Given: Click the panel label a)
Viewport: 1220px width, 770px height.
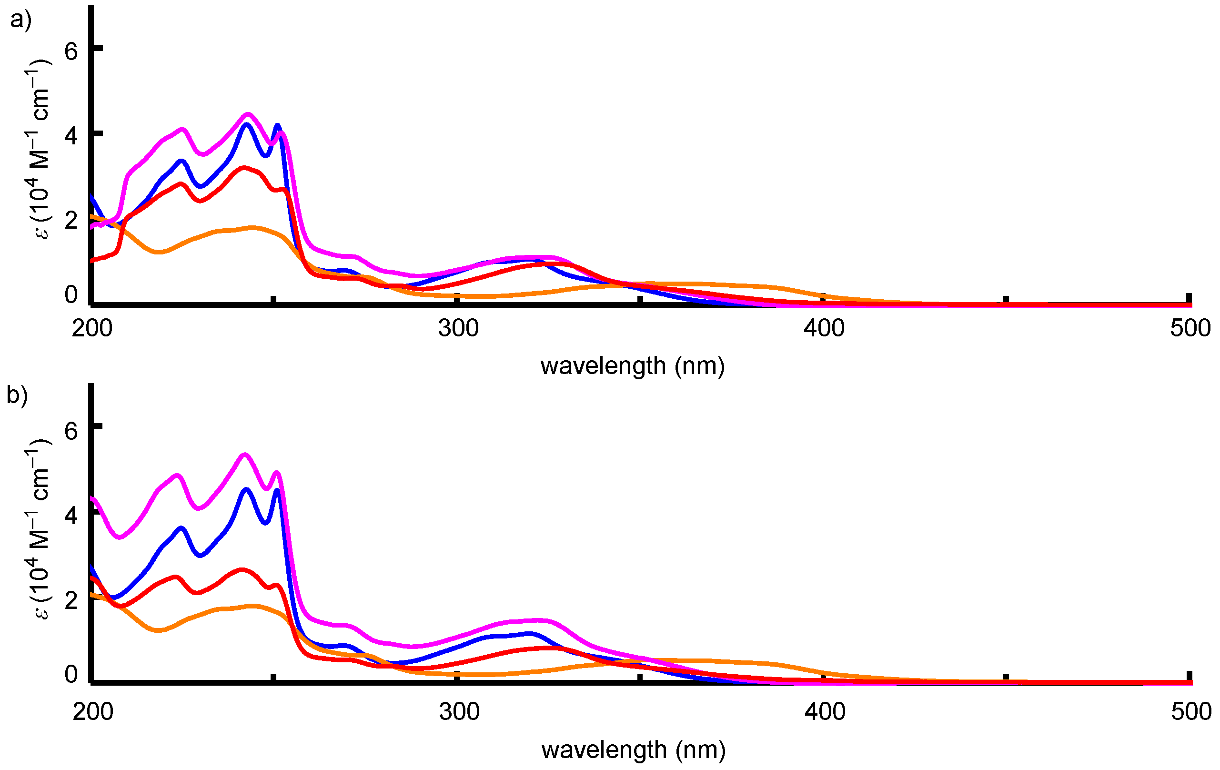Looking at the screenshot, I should [x=20, y=20].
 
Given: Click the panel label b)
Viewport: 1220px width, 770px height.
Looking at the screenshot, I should [x=17, y=396].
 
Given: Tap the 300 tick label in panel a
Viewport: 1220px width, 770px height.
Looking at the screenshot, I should [x=458, y=328].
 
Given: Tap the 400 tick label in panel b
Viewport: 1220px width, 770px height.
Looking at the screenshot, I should [x=825, y=711].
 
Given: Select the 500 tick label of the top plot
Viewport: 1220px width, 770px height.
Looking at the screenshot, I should [x=1190, y=328].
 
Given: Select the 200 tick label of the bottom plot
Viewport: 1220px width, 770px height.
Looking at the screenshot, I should [x=93, y=711].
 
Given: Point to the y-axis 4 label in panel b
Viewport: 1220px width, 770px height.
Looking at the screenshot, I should [x=71, y=515].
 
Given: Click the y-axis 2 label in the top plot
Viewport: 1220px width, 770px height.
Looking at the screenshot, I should [x=71, y=221].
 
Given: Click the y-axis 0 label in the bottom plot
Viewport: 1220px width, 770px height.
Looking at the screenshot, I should [x=71, y=674].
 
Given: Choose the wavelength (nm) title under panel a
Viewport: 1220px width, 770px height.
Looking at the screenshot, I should [x=632, y=366].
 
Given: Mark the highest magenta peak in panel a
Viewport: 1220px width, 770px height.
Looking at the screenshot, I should [x=247, y=114].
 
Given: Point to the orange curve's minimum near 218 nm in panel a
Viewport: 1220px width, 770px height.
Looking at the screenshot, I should [x=160, y=252].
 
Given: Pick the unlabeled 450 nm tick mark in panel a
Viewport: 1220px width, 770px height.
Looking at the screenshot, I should [x=1006, y=300].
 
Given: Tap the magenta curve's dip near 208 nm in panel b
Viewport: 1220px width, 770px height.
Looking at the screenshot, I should [x=120, y=537].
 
